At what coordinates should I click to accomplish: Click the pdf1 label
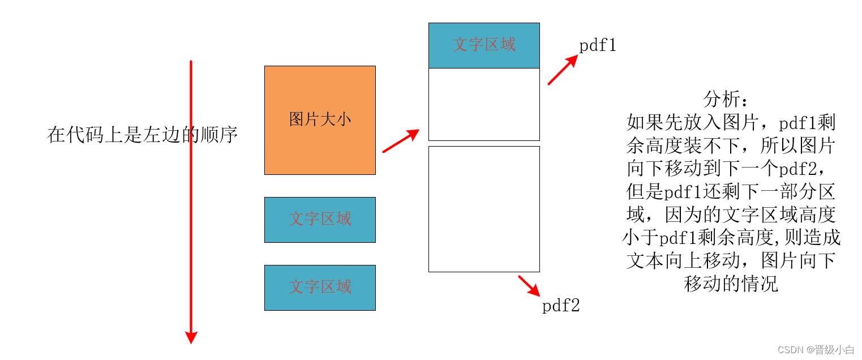coord(598,46)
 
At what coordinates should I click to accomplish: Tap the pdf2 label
coord(561,306)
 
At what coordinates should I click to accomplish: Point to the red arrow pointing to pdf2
coord(529,285)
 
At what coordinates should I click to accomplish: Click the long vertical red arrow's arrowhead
coord(191,336)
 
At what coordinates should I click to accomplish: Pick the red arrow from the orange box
coord(401,141)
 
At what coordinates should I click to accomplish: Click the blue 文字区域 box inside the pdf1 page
coord(484,45)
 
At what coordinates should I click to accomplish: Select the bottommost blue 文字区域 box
coord(320,288)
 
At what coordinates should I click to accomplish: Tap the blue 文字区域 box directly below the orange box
coord(320,220)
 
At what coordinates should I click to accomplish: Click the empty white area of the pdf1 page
coord(484,104)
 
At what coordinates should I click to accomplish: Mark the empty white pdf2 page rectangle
coord(484,209)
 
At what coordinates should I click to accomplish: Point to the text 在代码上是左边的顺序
coord(142,135)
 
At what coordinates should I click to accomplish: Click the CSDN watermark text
coord(791,349)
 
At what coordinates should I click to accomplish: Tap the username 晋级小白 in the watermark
coord(834,349)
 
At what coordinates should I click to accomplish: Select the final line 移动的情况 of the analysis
coord(731,283)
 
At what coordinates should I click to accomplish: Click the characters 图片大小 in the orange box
coord(320,119)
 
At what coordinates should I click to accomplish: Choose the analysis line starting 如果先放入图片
coord(731,123)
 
